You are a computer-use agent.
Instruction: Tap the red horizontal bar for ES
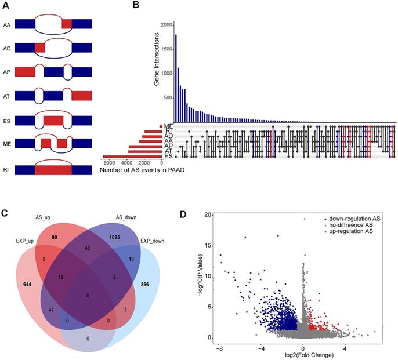[x=133, y=157]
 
